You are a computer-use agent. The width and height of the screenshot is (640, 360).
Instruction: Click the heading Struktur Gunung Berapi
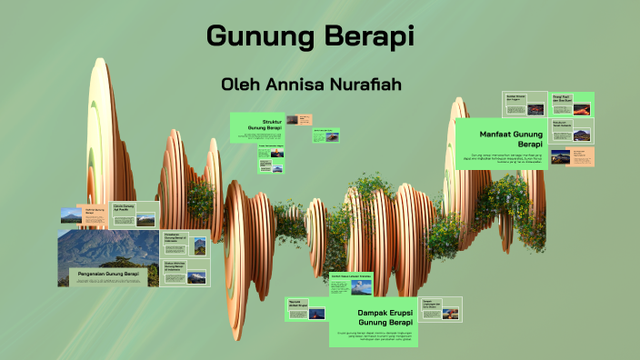click(272, 125)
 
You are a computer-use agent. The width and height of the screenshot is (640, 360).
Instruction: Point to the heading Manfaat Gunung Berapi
click(513, 138)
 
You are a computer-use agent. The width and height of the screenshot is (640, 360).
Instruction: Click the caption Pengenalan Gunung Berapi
click(107, 273)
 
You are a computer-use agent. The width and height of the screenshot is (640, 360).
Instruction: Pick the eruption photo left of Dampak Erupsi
click(316, 314)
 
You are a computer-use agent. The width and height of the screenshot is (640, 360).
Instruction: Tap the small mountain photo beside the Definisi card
click(70, 216)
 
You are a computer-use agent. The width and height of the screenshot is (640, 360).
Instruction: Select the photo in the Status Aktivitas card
click(196, 276)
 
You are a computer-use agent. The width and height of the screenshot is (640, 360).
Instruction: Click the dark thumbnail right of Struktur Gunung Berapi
click(292, 119)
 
